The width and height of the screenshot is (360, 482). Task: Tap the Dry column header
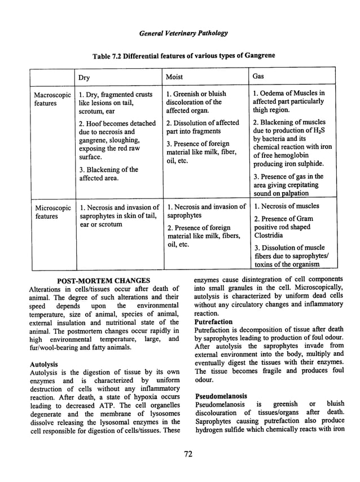85,76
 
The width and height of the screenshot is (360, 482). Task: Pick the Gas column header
258,76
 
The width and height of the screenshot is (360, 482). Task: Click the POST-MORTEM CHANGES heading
104,281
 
